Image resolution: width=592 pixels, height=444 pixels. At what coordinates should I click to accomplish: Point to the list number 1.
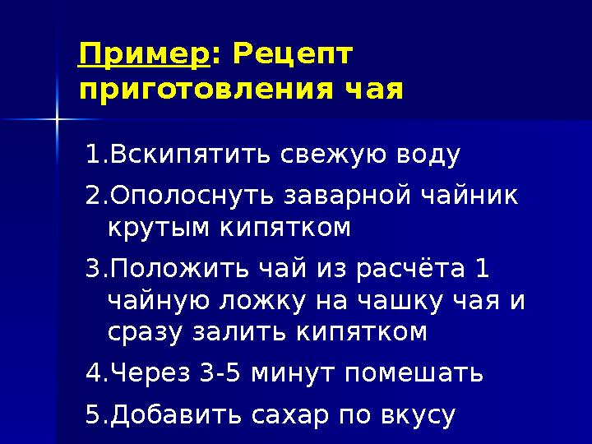point(92,154)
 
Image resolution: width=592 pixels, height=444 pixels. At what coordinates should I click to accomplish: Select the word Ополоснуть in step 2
point(193,197)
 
